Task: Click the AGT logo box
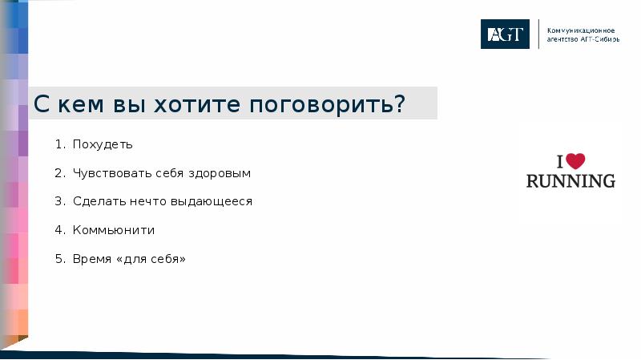pyautogui.click(x=505, y=34)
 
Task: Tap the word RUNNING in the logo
pyautogui.click(x=570, y=180)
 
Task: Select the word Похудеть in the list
pyautogui.click(x=103, y=145)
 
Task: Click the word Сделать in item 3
pyautogui.click(x=95, y=201)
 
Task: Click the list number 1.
pyautogui.click(x=58, y=145)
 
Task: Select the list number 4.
pyautogui.click(x=58, y=230)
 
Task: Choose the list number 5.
pyautogui.click(x=58, y=259)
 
